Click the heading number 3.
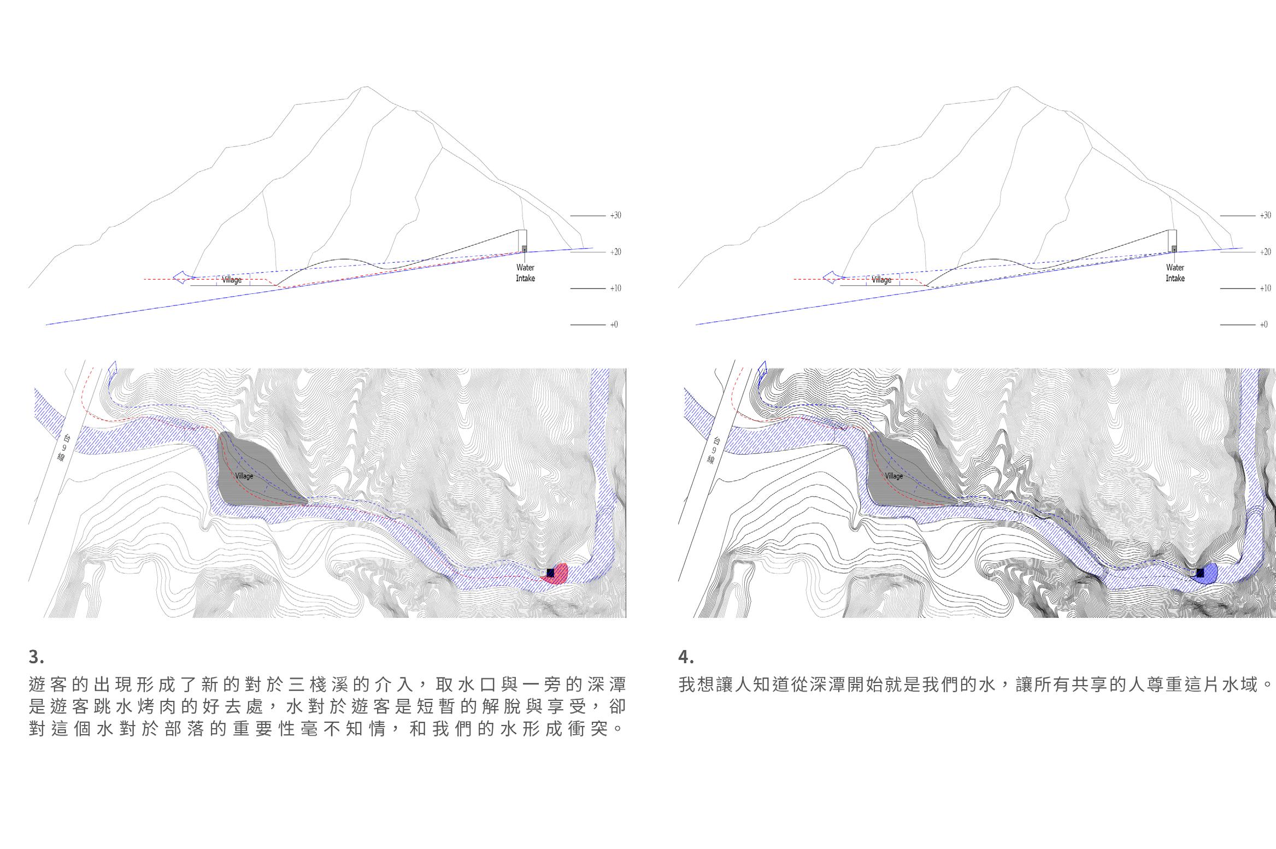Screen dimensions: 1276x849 [x=36, y=656]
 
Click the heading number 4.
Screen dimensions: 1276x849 [x=686, y=656]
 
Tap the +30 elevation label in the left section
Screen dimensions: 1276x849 [x=615, y=215]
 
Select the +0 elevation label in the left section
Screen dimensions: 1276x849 [x=614, y=325]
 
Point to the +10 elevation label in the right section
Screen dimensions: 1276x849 [x=1265, y=288]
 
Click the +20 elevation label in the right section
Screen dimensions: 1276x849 [x=1265, y=252]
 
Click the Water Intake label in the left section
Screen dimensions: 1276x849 [x=525, y=273]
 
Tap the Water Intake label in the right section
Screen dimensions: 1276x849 [x=1175, y=273]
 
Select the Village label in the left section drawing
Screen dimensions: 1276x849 [x=232, y=280]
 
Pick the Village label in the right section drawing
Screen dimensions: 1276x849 [x=881, y=280]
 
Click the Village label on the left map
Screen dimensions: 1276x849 [x=244, y=476]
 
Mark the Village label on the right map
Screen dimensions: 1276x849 [x=894, y=476]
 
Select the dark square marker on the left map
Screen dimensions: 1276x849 [x=550, y=573]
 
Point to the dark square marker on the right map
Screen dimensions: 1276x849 [x=1200, y=573]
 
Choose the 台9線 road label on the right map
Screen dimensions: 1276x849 [x=714, y=451]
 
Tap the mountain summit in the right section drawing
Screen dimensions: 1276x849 [x=1015, y=87]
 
